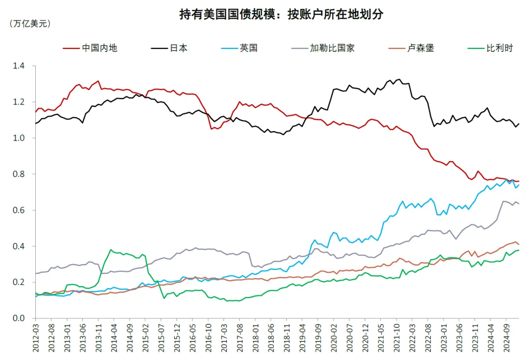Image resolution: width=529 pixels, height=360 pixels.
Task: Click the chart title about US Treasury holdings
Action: (281, 14)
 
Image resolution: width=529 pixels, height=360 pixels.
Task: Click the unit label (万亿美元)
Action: (30, 24)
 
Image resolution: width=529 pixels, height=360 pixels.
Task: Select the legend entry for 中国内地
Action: (90, 48)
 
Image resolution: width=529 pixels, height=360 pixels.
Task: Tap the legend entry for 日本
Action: (169, 48)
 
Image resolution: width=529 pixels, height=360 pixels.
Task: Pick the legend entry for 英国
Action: (239, 48)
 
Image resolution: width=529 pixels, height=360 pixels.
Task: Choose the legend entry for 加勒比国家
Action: (323, 48)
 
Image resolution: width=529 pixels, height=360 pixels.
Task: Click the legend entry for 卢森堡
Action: (411, 48)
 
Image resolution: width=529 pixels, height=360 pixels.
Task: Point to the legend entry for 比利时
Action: (490, 48)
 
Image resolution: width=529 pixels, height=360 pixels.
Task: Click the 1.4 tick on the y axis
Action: (19, 66)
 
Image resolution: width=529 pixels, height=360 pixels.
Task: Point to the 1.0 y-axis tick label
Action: (19, 138)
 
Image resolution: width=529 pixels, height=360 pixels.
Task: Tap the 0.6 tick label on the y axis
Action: (19, 210)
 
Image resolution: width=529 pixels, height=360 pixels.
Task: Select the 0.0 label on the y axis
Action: (19, 318)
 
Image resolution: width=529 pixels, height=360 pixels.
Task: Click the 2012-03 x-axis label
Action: (36, 338)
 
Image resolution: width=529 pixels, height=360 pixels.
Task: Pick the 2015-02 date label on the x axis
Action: (145, 338)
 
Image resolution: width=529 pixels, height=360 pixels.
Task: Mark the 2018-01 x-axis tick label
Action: (255, 338)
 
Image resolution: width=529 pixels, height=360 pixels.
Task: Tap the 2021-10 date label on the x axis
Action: (396, 338)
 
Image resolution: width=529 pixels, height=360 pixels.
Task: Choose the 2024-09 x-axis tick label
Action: (506, 338)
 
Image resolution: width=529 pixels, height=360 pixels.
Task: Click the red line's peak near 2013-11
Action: (98, 81)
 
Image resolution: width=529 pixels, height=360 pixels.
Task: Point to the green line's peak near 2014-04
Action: (111, 250)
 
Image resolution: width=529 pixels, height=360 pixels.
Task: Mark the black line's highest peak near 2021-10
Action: (400, 79)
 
